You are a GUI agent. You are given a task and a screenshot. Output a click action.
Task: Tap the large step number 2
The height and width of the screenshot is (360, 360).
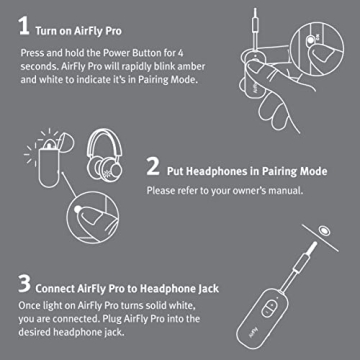click(x=153, y=165)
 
